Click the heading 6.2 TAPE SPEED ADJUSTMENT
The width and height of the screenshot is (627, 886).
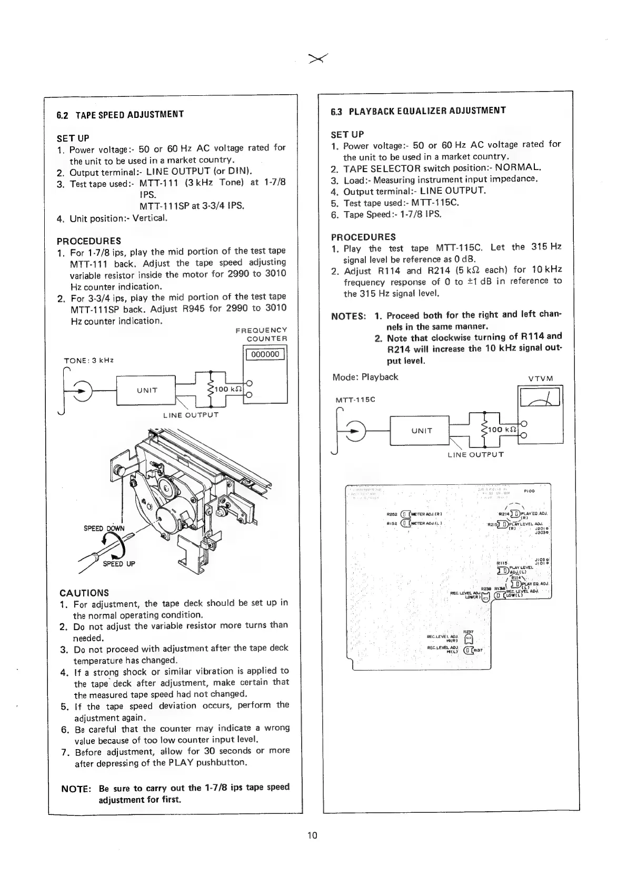(120, 114)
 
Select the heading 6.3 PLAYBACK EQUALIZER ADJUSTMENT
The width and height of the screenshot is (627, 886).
(419, 111)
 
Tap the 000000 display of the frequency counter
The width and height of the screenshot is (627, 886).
(265, 354)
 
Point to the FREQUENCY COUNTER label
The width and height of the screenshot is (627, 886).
(261, 334)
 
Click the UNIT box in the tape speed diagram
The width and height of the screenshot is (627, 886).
(146, 390)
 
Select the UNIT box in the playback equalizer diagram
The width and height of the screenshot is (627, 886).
(421, 431)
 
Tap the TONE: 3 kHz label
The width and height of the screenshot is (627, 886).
(88, 361)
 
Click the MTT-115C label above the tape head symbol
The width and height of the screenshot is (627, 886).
(355, 400)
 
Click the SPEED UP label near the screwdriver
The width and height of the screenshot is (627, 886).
(119, 564)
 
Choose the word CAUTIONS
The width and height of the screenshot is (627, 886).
(84, 593)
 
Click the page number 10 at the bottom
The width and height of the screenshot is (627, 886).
(313, 835)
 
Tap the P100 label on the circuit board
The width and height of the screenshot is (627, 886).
(529, 491)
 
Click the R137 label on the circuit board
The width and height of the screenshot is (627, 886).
(479, 650)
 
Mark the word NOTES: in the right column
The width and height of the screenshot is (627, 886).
(349, 316)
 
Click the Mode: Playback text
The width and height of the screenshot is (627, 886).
(365, 377)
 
